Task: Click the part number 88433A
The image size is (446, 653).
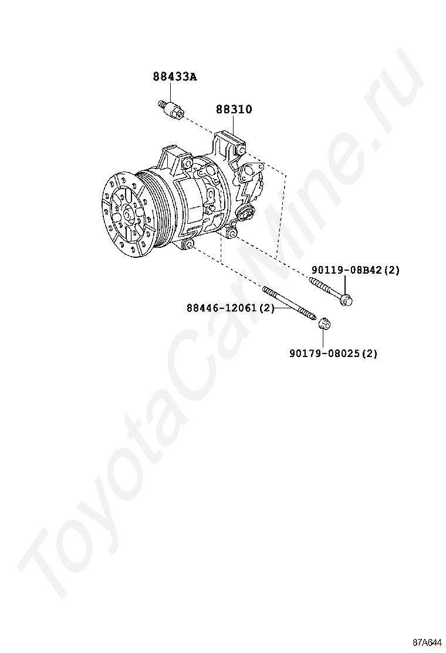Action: pyautogui.click(x=175, y=76)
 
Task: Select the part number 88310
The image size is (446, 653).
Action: pyautogui.click(x=234, y=109)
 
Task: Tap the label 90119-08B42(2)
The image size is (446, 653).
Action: pyautogui.click(x=356, y=270)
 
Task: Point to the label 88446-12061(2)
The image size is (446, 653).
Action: pyautogui.click(x=231, y=308)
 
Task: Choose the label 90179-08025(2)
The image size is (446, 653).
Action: pyautogui.click(x=333, y=354)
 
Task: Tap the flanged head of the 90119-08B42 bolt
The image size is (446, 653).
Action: pyautogui.click(x=346, y=300)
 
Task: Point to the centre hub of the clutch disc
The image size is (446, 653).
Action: pyautogui.click(x=126, y=215)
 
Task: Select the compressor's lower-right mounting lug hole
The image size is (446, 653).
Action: pyautogui.click(x=233, y=234)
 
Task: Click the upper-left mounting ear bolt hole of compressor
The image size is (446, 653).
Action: pyautogui.click(x=187, y=163)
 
